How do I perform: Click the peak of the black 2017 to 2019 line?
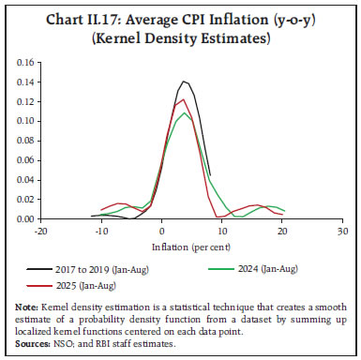click(x=185, y=82)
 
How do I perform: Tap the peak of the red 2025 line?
click(x=185, y=99)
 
